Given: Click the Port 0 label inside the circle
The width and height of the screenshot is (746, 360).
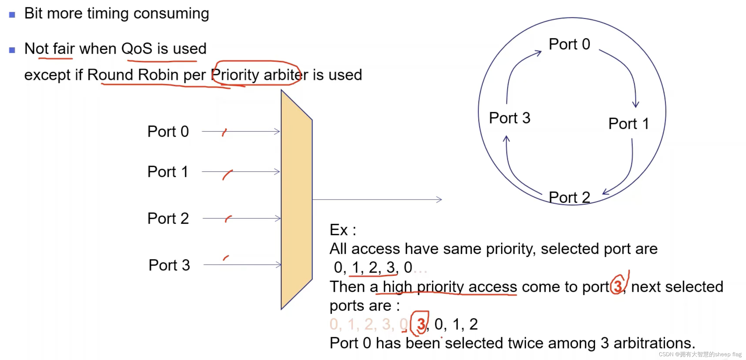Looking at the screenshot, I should [x=569, y=45].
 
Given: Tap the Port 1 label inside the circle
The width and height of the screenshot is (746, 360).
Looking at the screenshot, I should [x=629, y=124].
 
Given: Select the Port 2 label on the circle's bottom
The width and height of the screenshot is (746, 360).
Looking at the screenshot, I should [x=569, y=197].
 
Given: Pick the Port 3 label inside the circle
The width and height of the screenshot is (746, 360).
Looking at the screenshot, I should [x=509, y=118].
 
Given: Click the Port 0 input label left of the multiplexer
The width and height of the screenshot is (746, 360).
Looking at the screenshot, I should [x=168, y=132].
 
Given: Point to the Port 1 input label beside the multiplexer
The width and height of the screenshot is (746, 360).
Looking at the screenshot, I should [x=168, y=172].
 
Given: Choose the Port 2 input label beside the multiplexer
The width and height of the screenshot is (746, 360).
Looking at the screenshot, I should [x=168, y=218].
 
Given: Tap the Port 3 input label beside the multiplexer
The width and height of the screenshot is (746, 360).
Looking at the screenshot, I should [x=169, y=265].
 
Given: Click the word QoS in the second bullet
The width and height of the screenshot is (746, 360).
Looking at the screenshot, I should [x=137, y=49].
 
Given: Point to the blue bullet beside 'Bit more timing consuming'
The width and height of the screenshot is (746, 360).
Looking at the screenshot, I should [x=12, y=15].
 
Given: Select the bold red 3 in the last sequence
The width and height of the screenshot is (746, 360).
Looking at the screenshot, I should [x=421, y=324].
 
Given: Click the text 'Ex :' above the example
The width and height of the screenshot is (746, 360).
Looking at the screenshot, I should [x=342, y=230].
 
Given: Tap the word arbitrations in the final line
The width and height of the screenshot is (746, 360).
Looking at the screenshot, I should [x=654, y=343].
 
